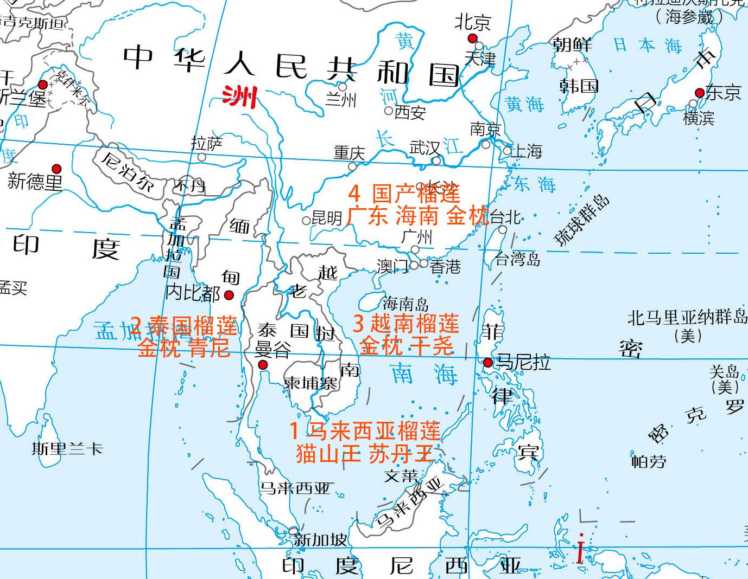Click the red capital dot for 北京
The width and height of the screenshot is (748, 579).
(472, 38)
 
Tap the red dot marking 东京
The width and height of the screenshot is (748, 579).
(700, 93)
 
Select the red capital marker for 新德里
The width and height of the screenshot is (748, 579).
(56, 169)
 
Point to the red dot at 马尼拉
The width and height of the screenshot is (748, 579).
(488, 362)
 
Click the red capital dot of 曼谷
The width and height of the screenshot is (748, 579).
(263, 365)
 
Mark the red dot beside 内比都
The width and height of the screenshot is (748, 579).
(229, 295)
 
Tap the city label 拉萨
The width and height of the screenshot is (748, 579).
(207, 144)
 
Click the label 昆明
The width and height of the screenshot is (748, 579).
(327, 218)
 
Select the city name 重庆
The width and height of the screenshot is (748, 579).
(350, 153)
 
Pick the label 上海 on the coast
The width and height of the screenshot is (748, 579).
(527, 151)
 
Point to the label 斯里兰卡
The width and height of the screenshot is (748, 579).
(67, 449)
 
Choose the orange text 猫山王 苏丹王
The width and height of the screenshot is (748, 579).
(365, 453)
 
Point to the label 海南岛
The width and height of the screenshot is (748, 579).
(405, 303)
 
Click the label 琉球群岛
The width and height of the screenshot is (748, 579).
(581, 221)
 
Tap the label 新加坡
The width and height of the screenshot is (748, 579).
(320, 540)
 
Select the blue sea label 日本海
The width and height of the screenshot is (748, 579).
(647, 45)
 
